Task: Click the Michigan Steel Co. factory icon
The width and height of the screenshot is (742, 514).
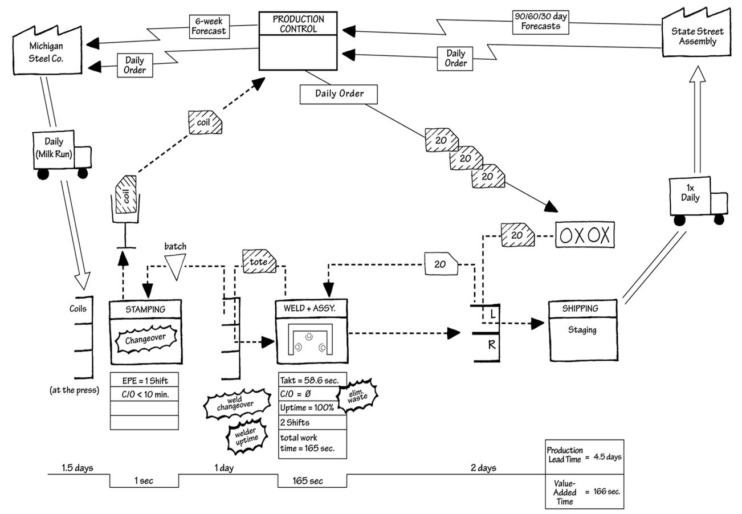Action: coord(47,51)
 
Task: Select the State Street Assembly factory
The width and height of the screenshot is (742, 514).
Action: coord(696,36)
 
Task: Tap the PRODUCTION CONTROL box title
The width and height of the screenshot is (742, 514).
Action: coord(298,24)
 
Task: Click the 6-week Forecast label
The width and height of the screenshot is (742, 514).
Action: coord(209,27)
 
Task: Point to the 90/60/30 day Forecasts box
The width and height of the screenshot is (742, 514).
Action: coord(540,22)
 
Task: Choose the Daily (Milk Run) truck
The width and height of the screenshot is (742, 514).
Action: coord(60,154)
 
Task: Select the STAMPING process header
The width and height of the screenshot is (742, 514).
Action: coord(145,309)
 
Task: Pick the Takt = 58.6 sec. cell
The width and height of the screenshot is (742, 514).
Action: coord(312,380)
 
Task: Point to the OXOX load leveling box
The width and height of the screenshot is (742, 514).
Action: coord(585,235)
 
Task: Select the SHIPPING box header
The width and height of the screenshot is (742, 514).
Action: coord(582,308)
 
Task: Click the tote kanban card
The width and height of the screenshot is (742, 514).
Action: coord(260,262)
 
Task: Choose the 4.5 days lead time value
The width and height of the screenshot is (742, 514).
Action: coord(607,456)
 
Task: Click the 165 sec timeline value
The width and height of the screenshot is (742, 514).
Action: coord(308,481)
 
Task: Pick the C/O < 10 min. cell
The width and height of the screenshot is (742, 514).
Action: coord(144,394)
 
